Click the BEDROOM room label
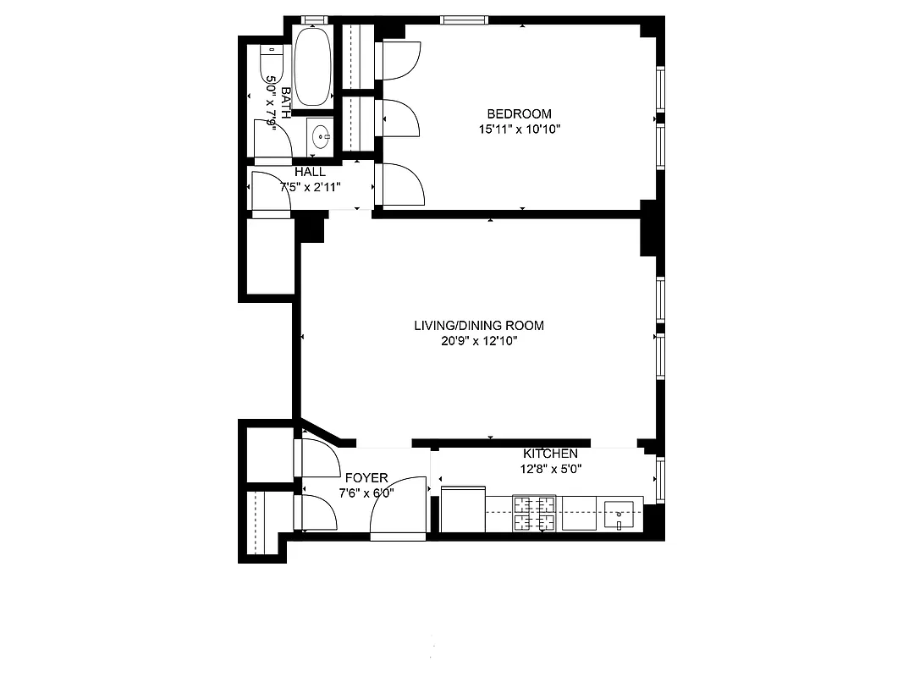tap(519, 114)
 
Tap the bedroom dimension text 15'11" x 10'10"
tap(519, 129)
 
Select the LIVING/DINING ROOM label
tap(478, 326)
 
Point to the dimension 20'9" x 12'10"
tap(478, 341)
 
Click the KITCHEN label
tap(550, 454)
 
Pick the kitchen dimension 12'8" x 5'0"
tap(550, 469)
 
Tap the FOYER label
tap(366, 478)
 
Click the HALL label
tap(310, 172)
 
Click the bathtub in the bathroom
tap(314, 68)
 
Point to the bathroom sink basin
tap(321, 135)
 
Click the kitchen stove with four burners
tap(535, 514)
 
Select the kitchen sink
tap(621, 510)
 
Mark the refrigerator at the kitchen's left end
tap(463, 509)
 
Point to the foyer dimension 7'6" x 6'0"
tap(366, 493)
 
